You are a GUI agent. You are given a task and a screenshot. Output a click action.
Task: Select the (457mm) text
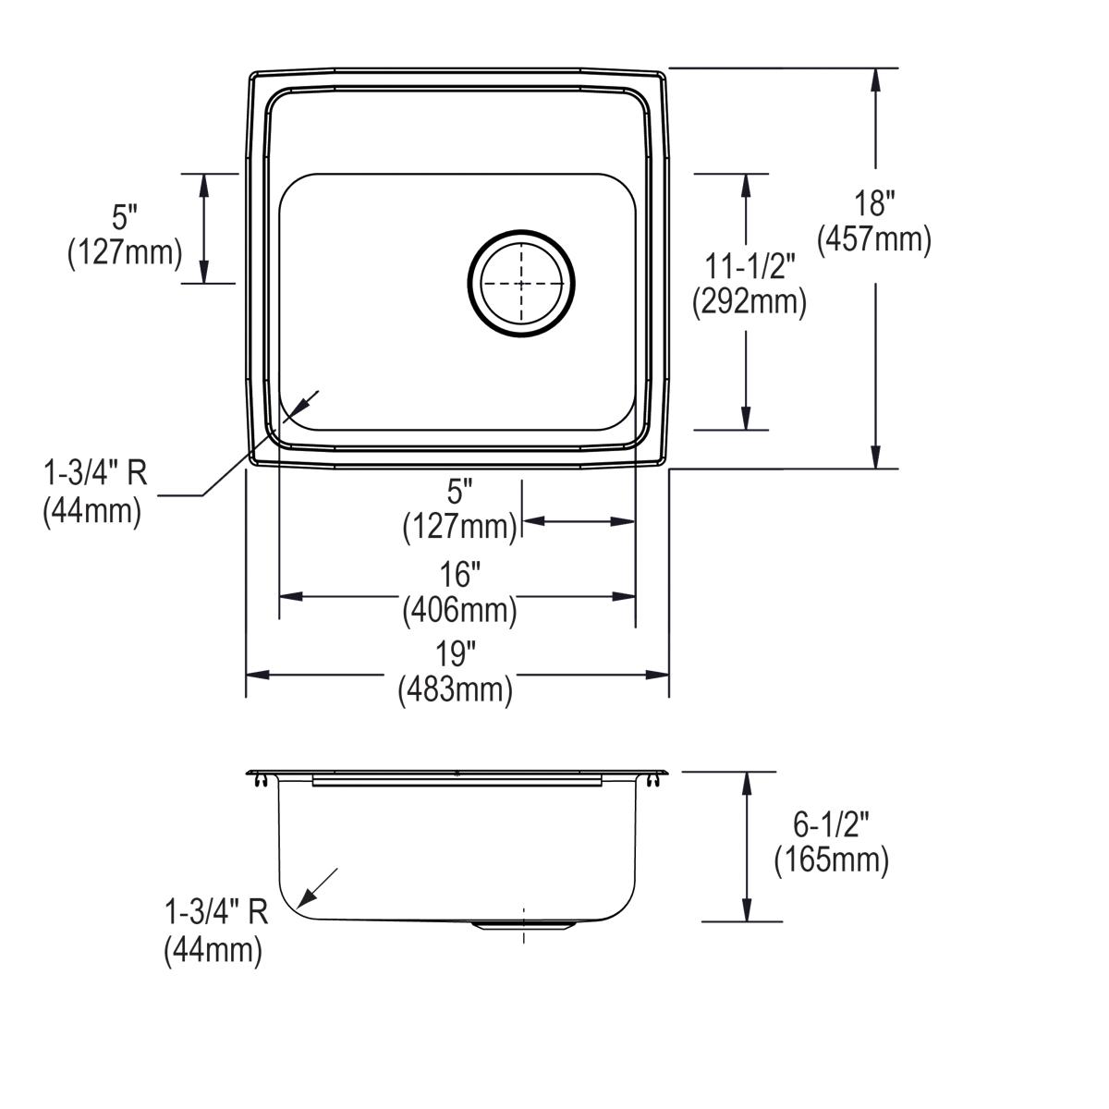click(873, 240)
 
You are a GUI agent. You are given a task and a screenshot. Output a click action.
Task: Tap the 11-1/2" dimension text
click(749, 267)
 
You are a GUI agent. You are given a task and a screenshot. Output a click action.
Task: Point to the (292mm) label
click(749, 302)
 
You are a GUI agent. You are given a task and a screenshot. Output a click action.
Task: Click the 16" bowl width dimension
click(460, 575)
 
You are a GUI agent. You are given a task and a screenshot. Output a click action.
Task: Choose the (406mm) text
click(459, 610)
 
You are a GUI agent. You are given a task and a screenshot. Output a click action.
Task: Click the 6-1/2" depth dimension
click(832, 825)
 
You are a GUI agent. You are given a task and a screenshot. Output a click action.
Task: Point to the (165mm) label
click(832, 860)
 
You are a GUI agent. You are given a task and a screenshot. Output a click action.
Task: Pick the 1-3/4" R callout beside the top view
click(96, 474)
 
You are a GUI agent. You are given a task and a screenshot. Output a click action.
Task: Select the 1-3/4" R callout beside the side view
click(216, 913)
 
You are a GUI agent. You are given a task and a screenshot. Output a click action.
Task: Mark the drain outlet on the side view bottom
click(523, 924)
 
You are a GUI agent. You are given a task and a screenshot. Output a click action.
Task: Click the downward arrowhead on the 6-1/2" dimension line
click(747, 910)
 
